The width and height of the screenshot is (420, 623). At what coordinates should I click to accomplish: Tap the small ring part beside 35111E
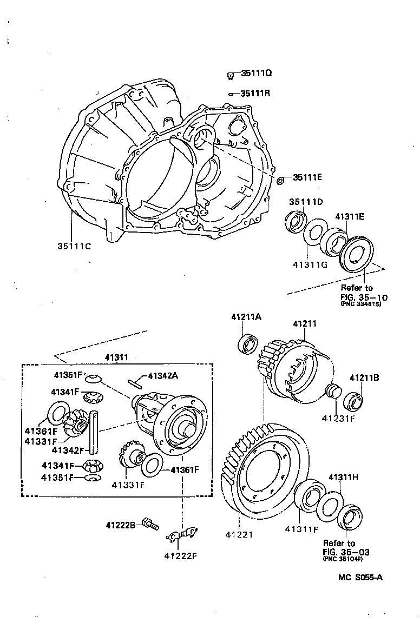(280, 180)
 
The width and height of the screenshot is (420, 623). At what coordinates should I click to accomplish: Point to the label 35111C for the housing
(74, 246)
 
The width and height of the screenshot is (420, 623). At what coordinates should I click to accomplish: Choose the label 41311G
(310, 265)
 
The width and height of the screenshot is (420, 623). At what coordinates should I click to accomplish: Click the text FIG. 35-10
(364, 297)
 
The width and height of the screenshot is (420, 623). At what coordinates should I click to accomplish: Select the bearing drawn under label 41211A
(249, 343)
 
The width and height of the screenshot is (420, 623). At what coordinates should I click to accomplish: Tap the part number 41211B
(364, 378)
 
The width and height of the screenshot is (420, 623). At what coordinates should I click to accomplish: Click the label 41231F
(338, 418)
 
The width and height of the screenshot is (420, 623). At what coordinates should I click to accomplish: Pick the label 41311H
(343, 478)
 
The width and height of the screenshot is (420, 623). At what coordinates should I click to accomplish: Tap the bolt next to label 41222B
(150, 523)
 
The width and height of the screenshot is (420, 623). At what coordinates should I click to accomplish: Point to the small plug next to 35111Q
(230, 75)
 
